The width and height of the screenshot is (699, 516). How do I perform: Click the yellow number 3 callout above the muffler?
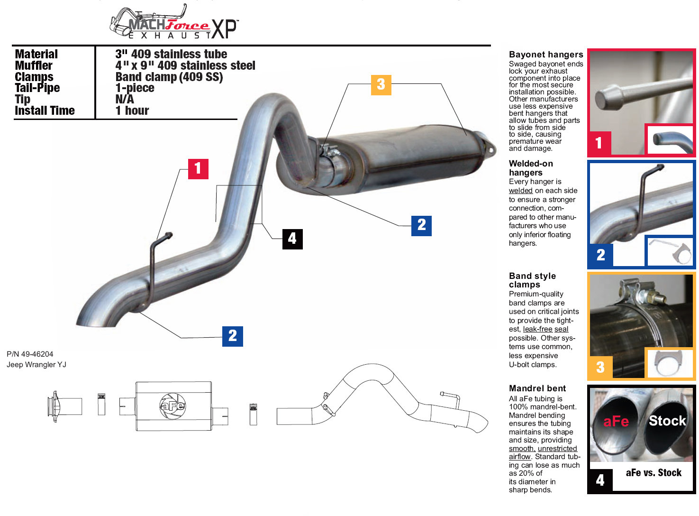(x=381, y=84)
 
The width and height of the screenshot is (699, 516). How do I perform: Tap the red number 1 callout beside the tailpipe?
(x=198, y=169)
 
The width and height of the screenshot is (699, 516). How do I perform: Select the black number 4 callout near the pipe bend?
(x=292, y=239)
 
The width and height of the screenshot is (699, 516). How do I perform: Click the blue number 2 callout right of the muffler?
(x=421, y=226)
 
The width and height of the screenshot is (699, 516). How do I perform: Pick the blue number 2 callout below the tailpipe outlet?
(x=233, y=336)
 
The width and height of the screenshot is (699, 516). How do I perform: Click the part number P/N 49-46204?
(x=30, y=354)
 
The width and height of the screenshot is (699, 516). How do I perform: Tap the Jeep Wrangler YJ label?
(x=36, y=365)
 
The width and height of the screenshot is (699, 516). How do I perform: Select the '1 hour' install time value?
(x=132, y=111)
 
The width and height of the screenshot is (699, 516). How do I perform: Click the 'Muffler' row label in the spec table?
(x=34, y=65)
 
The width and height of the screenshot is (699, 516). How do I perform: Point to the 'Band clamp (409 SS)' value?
(x=169, y=77)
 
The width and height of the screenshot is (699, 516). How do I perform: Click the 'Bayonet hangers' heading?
(x=546, y=55)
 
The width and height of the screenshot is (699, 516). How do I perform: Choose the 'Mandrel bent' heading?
(x=537, y=388)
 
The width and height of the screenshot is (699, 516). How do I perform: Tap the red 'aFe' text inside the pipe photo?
(x=616, y=421)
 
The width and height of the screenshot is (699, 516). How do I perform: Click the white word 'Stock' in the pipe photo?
(x=667, y=421)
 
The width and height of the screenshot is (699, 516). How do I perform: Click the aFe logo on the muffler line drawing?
(x=172, y=406)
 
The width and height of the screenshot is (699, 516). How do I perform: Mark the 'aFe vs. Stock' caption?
(x=654, y=472)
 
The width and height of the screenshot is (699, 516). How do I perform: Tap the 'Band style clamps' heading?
(x=532, y=280)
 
